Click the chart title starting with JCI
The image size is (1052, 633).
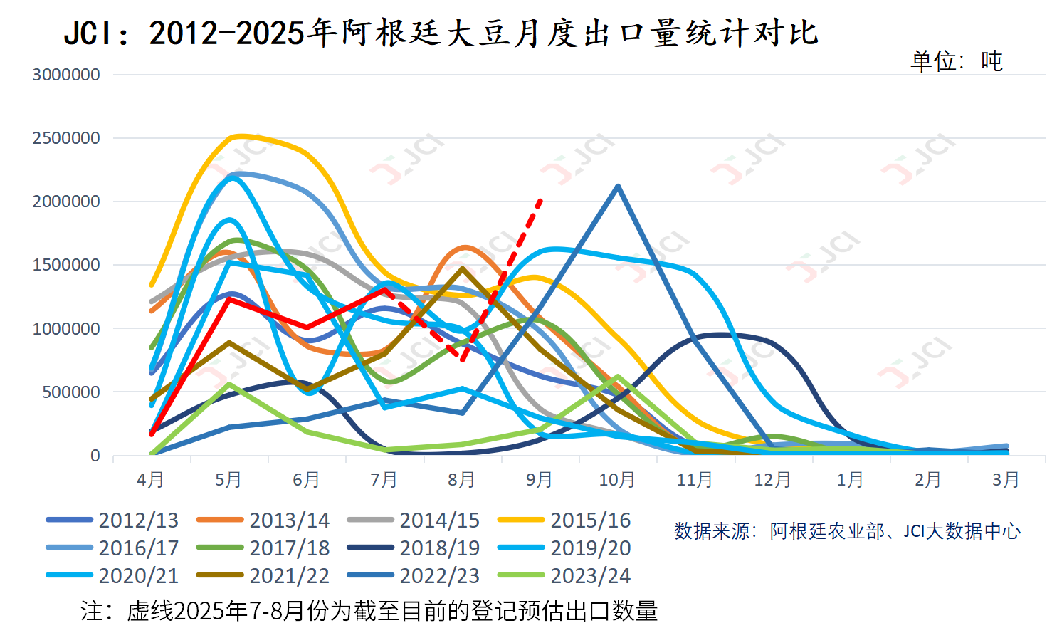pyautogui.click(x=441, y=33)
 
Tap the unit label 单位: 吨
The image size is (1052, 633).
pyautogui.click(x=956, y=61)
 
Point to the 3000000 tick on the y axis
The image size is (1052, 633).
pyautogui.click(x=66, y=75)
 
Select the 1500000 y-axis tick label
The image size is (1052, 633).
pyautogui.click(x=66, y=265)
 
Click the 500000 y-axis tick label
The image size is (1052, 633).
pyautogui.click(x=71, y=392)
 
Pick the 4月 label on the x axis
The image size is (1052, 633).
pyautogui.click(x=150, y=480)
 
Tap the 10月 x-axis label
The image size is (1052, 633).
pyautogui.click(x=616, y=480)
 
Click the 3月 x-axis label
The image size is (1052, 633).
pyautogui.click(x=1005, y=480)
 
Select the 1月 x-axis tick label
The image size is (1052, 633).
pyautogui.click(x=850, y=480)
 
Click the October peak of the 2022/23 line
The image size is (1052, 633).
pyautogui.click(x=617, y=187)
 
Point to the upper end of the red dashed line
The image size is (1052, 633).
pyautogui.click(x=541, y=201)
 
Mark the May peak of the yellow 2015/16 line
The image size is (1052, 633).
pyautogui.click(x=238, y=135)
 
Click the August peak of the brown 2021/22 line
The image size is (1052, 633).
pyautogui.click(x=463, y=269)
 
